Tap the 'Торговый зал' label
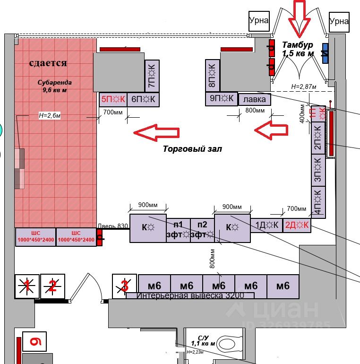coord(192,149)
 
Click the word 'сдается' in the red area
coord(48,63)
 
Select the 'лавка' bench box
coord(255,100)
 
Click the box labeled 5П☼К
coord(113,99)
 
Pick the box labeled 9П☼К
coord(221,99)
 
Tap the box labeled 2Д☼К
coord(296,225)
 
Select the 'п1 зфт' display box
coord(178,230)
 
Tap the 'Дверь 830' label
coord(113,226)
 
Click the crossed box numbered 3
coord(125,286)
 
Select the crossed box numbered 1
coord(27,286)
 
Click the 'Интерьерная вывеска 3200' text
coord(190,296)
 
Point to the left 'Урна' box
coord(259,20)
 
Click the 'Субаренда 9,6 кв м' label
coord(55,86)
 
